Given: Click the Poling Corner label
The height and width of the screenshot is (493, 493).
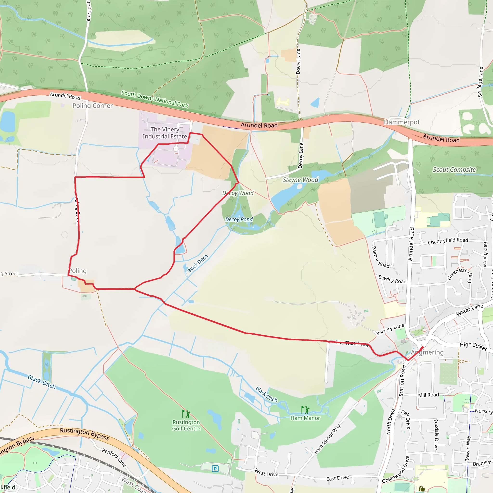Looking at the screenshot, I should [x=92, y=106].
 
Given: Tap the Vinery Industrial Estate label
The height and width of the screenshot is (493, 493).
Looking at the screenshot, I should [x=165, y=133].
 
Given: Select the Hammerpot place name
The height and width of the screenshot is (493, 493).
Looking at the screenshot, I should [x=402, y=122].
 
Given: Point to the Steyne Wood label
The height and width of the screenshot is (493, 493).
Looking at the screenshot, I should [x=300, y=180].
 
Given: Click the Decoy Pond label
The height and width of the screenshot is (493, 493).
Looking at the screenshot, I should [x=239, y=220].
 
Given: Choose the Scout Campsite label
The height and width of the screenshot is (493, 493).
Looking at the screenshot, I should [x=454, y=170].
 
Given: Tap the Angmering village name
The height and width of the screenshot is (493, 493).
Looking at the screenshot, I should [x=427, y=352].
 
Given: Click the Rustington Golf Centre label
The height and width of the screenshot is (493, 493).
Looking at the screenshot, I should [x=186, y=425].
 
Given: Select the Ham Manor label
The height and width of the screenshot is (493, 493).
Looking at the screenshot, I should [x=305, y=418].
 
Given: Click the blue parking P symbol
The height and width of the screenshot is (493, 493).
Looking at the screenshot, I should [x=215, y=468].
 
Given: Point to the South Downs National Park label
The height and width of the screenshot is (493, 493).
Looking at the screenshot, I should [x=155, y=99].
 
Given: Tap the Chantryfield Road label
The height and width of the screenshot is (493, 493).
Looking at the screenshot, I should [x=448, y=241].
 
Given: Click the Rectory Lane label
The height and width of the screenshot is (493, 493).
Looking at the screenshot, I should [x=390, y=329].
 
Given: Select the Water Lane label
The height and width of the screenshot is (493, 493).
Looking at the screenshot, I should [x=469, y=310].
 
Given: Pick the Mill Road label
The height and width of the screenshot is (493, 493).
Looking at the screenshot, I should [x=428, y=395].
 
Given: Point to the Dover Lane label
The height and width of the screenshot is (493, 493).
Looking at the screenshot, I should [x=298, y=61].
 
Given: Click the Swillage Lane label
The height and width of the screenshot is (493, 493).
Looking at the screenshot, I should [x=480, y=82].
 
